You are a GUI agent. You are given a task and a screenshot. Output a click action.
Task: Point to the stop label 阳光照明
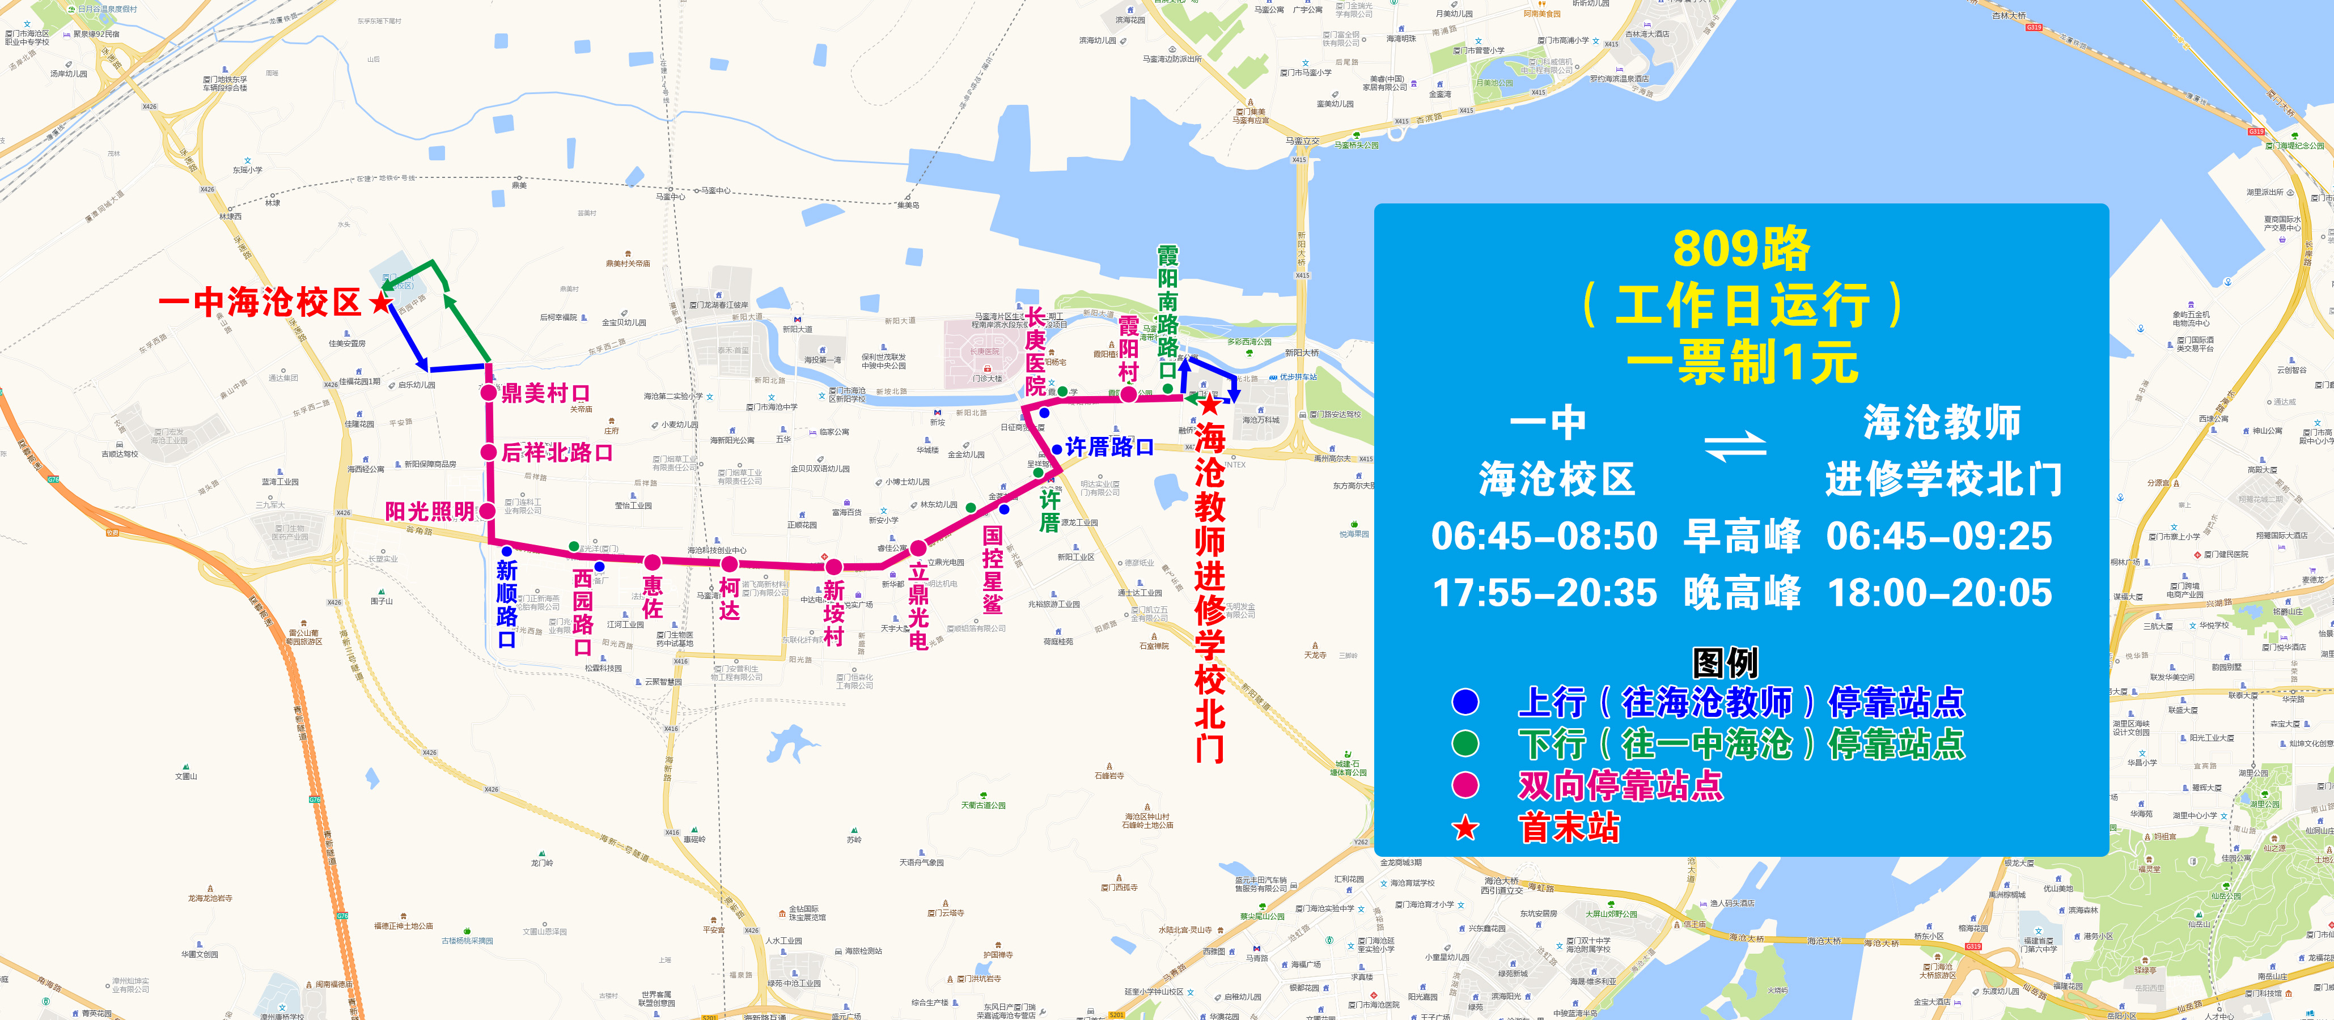pyautogui.click(x=430, y=512)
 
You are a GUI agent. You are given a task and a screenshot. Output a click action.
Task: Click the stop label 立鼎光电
pyautogui.click(x=918, y=606)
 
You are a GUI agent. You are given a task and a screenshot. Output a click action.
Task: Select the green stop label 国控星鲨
pyautogui.click(x=993, y=571)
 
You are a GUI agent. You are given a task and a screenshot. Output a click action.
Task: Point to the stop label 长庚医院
pyautogui.click(x=1035, y=351)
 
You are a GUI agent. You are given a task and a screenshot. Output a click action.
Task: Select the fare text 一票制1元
pyautogui.click(x=1742, y=362)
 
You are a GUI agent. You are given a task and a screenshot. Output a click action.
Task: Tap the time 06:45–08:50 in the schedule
pyautogui.click(x=1544, y=536)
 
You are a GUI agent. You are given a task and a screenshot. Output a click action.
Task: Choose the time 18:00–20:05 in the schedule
pyautogui.click(x=1939, y=593)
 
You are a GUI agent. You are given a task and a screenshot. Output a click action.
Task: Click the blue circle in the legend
pyautogui.click(x=1465, y=702)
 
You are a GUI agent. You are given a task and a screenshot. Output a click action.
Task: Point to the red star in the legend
pyautogui.click(x=1465, y=828)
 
